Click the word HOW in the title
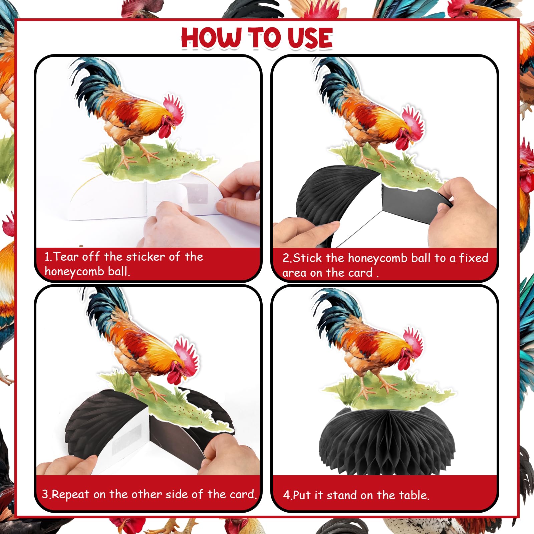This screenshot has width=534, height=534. click(x=212, y=37)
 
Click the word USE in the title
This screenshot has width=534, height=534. click(x=310, y=37)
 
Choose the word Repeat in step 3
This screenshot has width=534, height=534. click(x=71, y=495)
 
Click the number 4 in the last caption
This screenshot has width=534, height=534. click(x=286, y=495)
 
